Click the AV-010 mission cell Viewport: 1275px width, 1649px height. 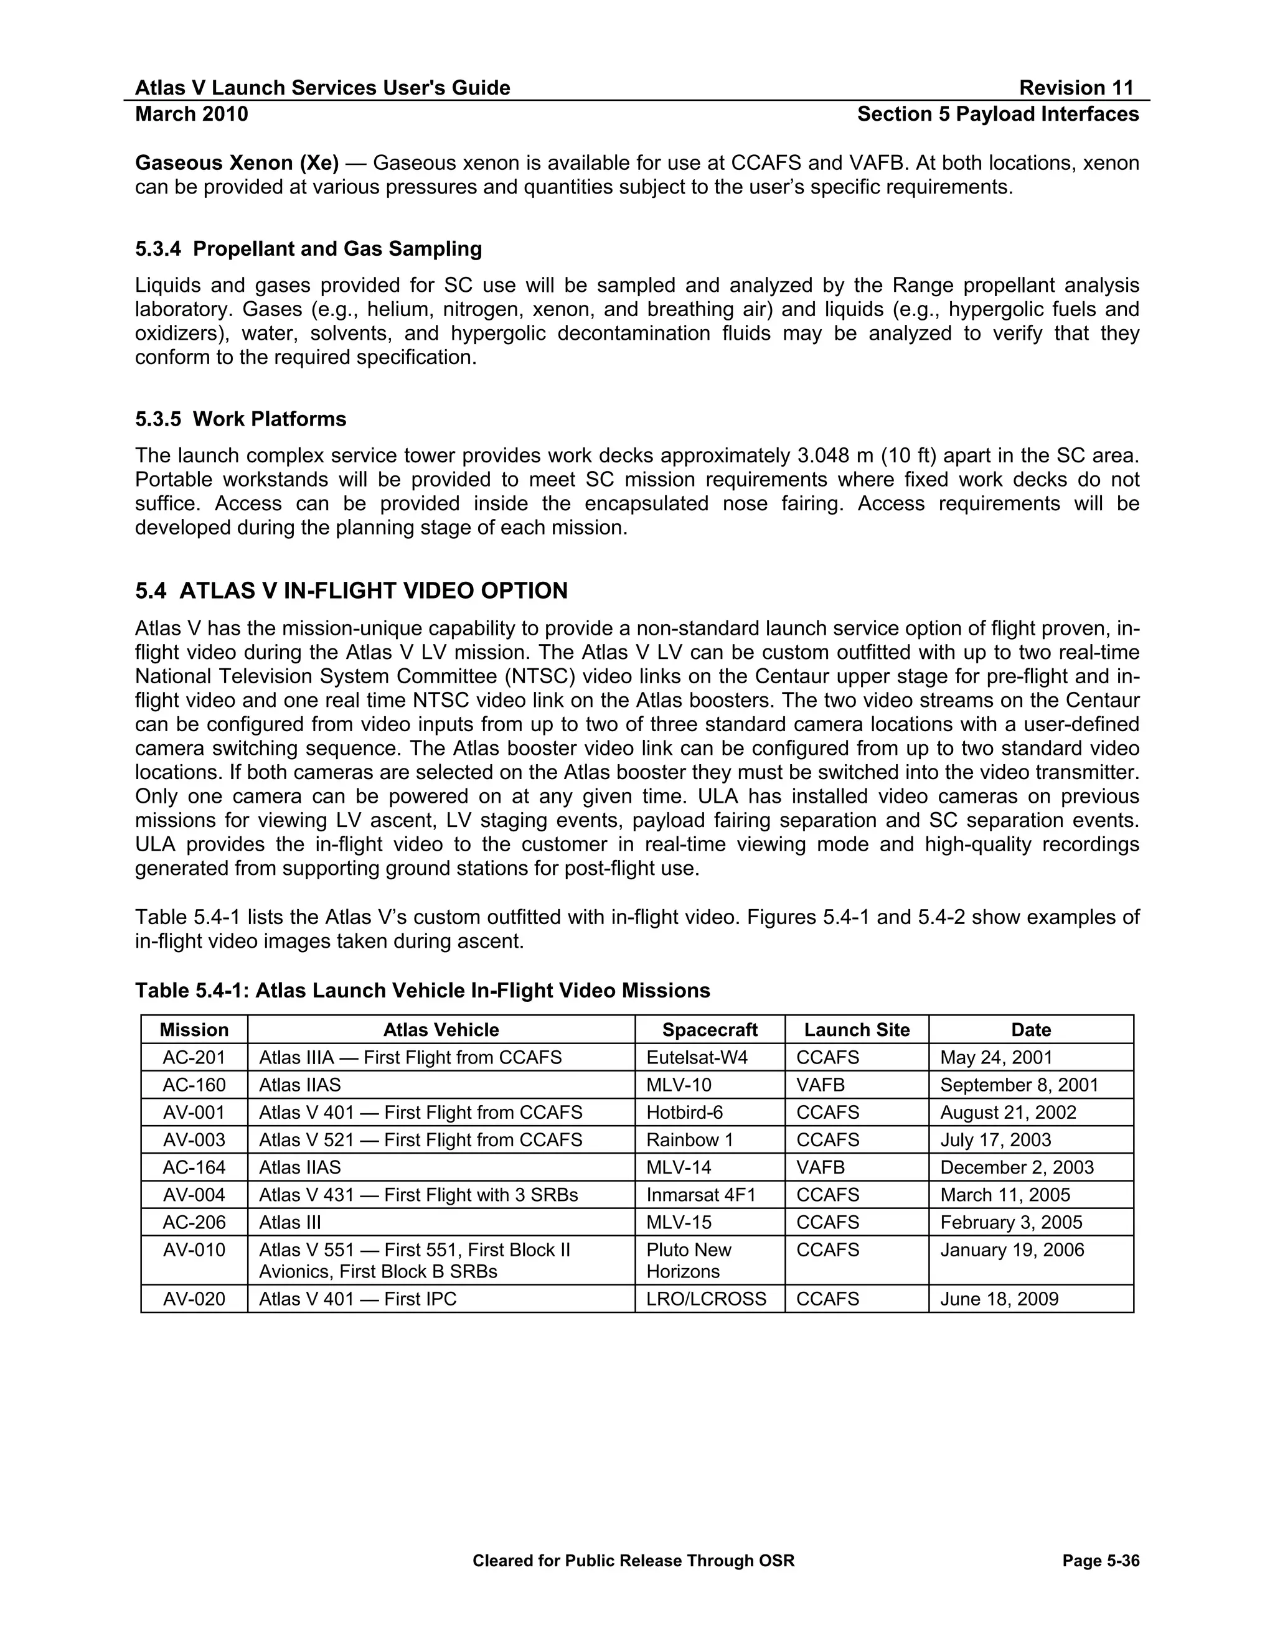[194, 1250]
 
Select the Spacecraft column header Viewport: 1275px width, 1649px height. [709, 1030]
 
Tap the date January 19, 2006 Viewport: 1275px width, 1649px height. [1012, 1250]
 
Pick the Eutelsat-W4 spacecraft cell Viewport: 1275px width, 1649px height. [697, 1057]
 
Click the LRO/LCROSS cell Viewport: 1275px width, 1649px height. [705, 1299]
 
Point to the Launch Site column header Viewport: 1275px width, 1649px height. [857, 1030]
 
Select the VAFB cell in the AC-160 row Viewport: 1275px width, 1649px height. [821, 1085]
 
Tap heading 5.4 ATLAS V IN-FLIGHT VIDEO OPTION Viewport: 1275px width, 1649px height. [351, 591]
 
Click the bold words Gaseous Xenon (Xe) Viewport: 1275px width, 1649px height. [237, 163]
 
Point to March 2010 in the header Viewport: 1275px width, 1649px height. [192, 114]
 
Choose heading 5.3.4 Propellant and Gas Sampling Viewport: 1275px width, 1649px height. [308, 248]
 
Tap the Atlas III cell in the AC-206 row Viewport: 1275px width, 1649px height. [290, 1222]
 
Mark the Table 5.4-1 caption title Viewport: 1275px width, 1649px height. [422, 991]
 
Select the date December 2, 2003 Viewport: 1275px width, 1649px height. [1017, 1167]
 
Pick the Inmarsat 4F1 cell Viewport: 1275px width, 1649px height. [700, 1195]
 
